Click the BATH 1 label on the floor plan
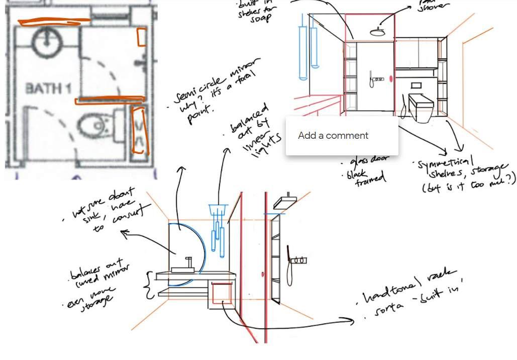[x=48, y=88]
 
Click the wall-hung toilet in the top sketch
[x=421, y=107]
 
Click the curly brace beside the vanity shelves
[x=148, y=285]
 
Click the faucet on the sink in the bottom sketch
[x=188, y=263]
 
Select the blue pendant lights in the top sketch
[x=308, y=50]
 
